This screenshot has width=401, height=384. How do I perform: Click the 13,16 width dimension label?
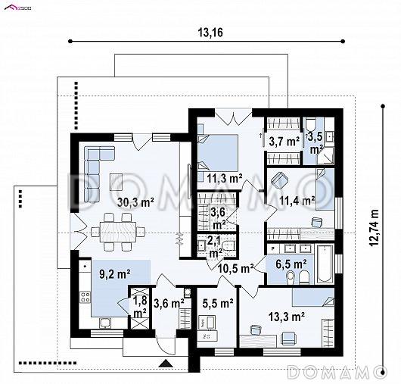click(x=210, y=33)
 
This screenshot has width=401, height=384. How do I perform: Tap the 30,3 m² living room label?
click(x=135, y=202)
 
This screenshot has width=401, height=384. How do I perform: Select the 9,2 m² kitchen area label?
click(x=115, y=274)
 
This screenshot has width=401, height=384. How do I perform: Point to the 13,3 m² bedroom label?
click(x=287, y=317)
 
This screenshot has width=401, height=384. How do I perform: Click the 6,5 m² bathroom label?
click(x=291, y=264)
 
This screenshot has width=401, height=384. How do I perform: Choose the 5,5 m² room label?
click(x=218, y=303)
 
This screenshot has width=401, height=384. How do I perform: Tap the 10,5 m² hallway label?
click(x=236, y=269)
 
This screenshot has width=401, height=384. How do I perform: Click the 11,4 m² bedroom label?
click(x=297, y=201)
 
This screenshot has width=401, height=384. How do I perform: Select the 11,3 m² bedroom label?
click(x=225, y=178)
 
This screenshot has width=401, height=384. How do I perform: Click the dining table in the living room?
click(x=118, y=232)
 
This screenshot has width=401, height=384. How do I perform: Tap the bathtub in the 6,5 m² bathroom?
click(x=325, y=264)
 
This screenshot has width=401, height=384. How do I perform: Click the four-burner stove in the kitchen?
click(x=85, y=297)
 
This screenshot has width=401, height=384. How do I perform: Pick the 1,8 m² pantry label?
click(x=140, y=307)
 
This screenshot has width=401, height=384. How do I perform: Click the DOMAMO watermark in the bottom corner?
click(x=337, y=372)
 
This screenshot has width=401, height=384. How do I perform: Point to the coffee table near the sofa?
click(x=117, y=182)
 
